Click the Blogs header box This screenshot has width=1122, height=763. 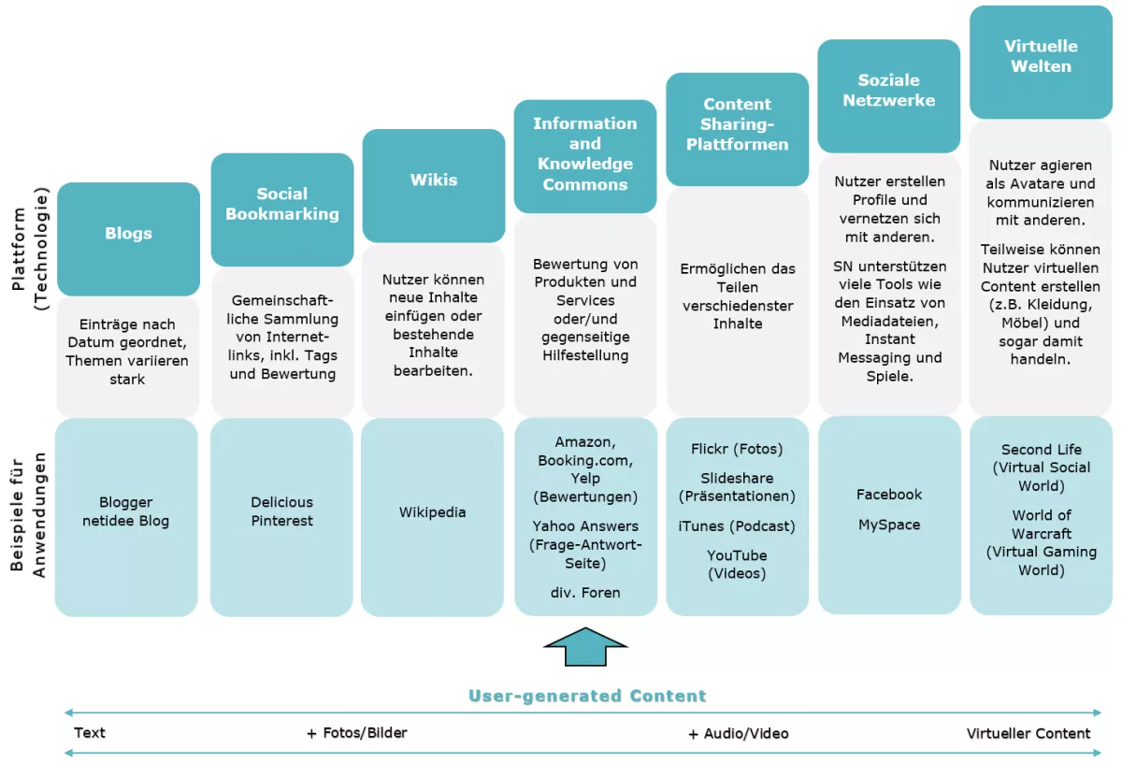click(x=128, y=235)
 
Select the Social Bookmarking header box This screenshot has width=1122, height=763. click(x=281, y=205)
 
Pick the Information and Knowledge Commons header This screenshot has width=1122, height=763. click(x=585, y=154)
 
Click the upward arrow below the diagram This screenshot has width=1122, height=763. click(x=585, y=646)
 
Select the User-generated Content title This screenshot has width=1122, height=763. click(x=587, y=696)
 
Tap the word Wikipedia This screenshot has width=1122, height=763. click(x=432, y=512)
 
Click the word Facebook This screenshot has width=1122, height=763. click(x=889, y=495)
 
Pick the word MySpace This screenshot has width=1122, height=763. click(x=889, y=525)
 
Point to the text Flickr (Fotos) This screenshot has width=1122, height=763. click(x=737, y=449)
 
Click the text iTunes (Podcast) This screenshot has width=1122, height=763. click(x=737, y=526)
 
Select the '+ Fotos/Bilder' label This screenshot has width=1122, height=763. click(x=356, y=733)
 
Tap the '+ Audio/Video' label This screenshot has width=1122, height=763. click(x=738, y=734)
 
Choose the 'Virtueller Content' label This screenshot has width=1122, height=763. click(x=1028, y=734)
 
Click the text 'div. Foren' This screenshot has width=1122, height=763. click(x=585, y=593)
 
